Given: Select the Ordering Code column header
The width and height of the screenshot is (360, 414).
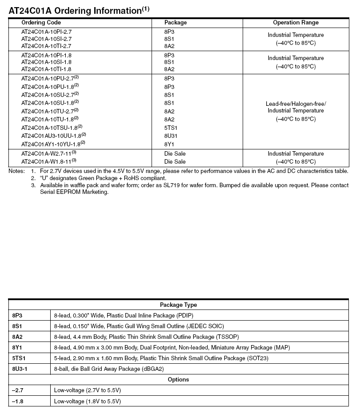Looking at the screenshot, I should (41, 23).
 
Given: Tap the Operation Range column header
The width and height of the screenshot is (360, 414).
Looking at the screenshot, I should (296, 23).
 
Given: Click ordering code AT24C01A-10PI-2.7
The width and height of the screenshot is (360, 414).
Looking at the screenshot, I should (46, 32).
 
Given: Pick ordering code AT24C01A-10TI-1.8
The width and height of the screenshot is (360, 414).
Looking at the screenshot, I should (46, 69).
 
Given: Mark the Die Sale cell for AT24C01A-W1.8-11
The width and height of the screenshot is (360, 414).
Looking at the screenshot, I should (175, 162).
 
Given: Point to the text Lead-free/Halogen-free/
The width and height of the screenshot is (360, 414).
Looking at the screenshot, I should (296, 104).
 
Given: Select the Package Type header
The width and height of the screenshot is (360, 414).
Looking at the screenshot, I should (178, 305).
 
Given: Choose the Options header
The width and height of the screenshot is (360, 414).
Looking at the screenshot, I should (178, 380).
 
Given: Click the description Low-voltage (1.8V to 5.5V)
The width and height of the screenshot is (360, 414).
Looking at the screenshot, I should (88, 401).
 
